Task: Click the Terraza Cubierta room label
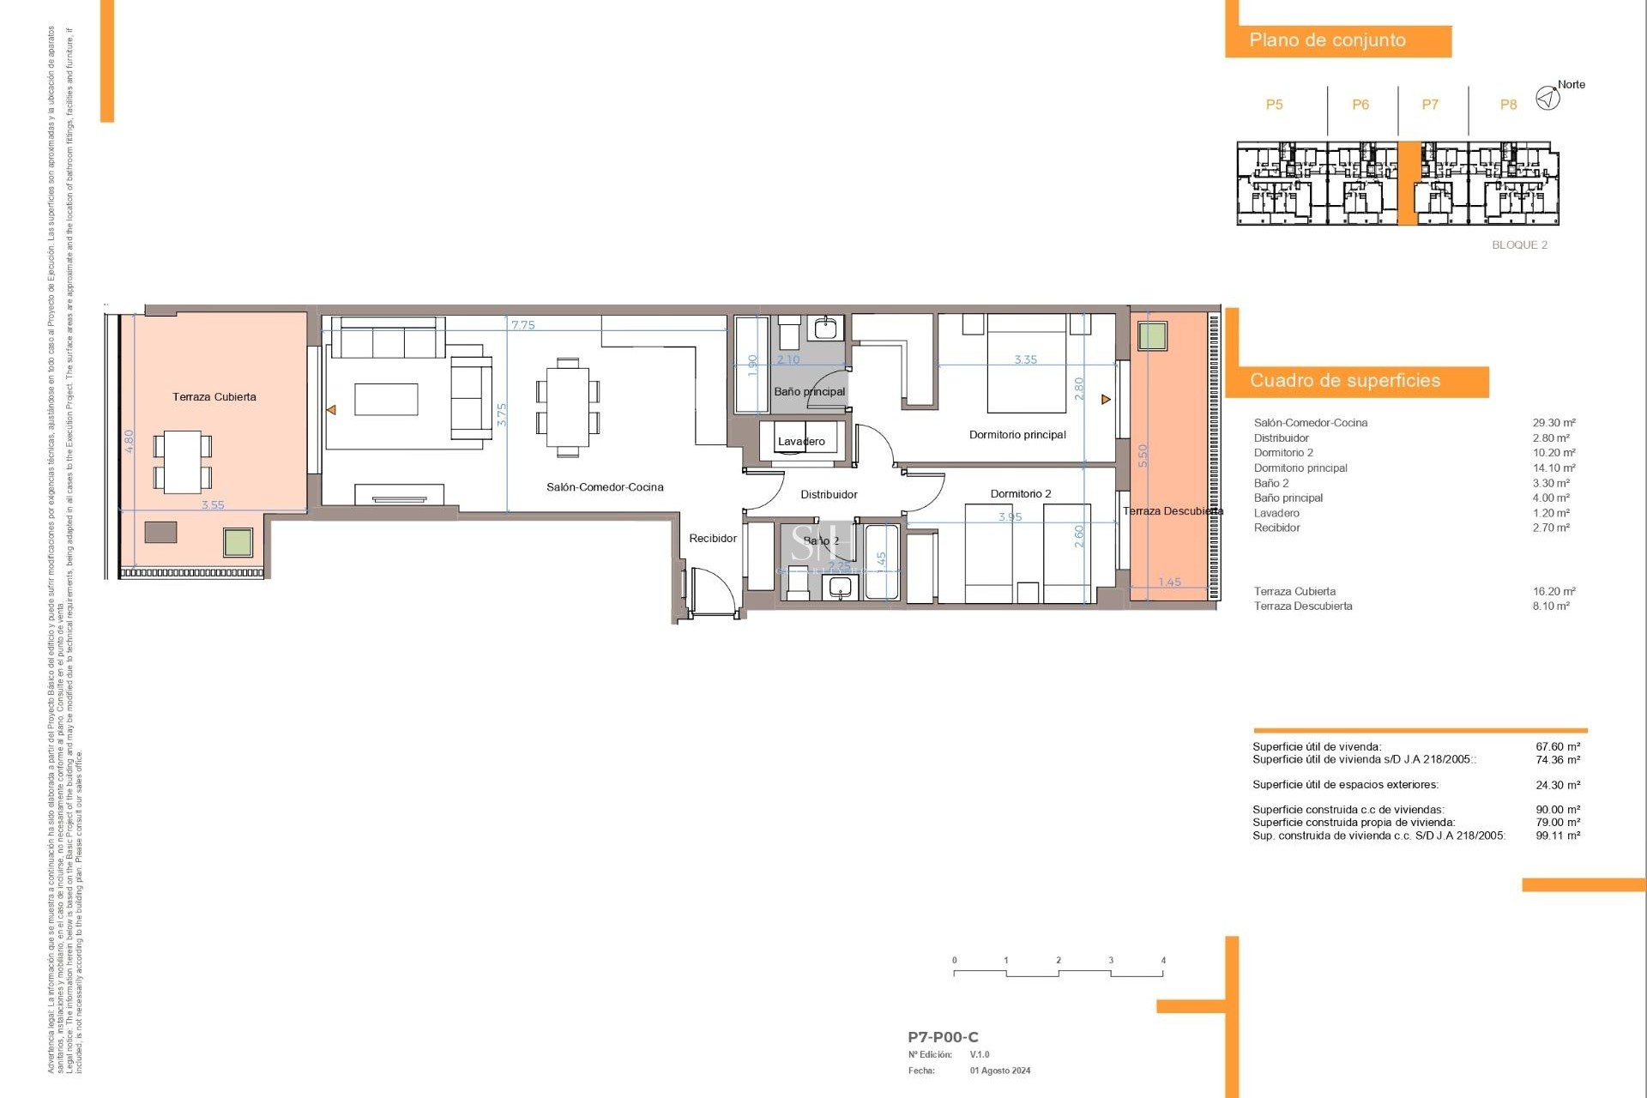[214, 397]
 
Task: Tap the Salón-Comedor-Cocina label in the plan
[605, 487]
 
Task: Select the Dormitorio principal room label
[1017, 435]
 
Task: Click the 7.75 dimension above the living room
[522, 325]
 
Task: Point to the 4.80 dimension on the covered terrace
[130, 441]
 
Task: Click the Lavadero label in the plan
[801, 442]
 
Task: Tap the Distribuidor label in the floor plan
[829, 495]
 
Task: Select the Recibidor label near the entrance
[713, 539]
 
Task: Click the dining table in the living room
[567, 407]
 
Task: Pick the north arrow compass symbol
[1547, 98]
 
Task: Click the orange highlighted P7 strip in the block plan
[1408, 184]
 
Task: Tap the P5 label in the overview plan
[1274, 105]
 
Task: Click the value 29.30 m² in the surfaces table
[1553, 423]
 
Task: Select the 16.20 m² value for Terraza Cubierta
[1553, 592]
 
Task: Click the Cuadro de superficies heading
[1344, 381]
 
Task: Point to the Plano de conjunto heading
[1327, 40]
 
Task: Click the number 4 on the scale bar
[1163, 961]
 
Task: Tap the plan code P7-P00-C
[943, 1037]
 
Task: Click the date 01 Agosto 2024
[1000, 1071]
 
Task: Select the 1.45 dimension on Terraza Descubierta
[1169, 582]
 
